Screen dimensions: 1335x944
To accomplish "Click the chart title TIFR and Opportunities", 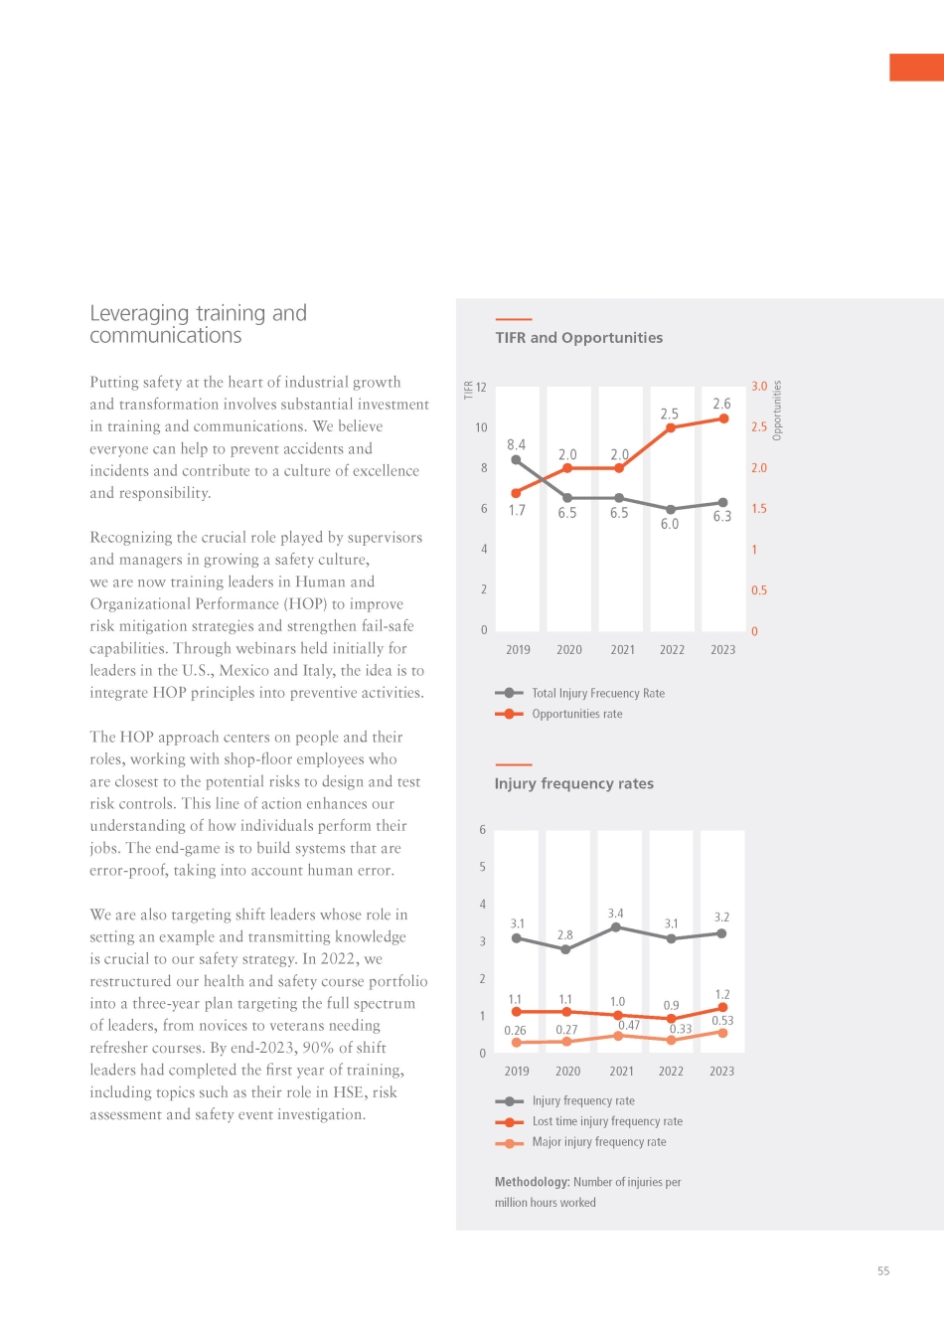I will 578,338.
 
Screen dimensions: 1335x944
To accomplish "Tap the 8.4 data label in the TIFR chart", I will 516,444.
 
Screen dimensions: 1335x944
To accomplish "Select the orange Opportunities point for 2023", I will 723,418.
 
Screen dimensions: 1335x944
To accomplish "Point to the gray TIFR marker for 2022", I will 671,509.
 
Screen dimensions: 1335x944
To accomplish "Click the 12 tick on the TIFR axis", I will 481,388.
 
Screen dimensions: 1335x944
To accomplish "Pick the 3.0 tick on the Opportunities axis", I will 759,387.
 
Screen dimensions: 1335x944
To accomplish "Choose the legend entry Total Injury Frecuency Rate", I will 597,693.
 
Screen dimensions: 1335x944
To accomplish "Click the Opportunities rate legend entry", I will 576,714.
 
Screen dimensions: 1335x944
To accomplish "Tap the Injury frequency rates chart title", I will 573,783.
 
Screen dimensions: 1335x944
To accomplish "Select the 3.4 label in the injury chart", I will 616,914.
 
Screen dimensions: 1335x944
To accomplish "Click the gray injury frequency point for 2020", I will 565,949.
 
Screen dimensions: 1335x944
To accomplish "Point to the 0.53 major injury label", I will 722,1021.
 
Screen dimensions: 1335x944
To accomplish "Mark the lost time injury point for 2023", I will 722,1008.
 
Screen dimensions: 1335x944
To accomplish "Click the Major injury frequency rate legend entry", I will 598,1142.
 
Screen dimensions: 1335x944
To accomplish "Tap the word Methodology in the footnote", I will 532,1182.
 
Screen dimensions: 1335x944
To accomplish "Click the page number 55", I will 883,1270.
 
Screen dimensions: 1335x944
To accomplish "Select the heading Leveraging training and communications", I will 198,324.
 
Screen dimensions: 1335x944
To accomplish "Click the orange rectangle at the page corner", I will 916,67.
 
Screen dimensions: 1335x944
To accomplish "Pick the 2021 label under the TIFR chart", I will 622,650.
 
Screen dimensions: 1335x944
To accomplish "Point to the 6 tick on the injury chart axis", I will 483,830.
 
